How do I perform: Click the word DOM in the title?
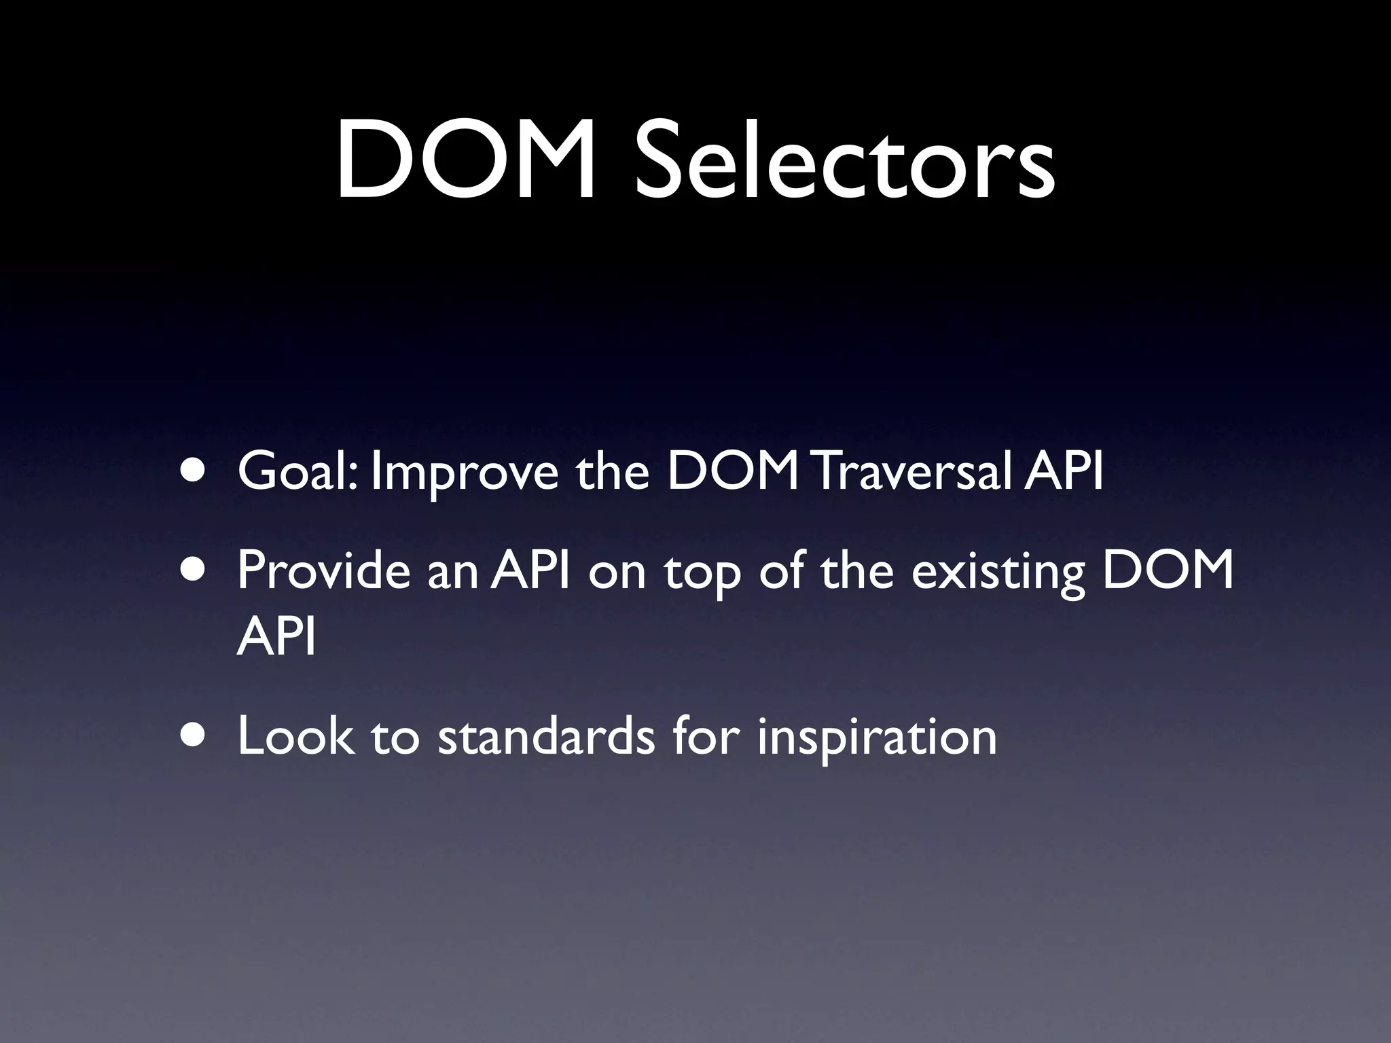[466, 160]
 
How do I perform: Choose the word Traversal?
[910, 471]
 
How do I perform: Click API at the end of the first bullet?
[1063, 471]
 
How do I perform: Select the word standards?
[547, 736]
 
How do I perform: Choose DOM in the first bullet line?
[734, 471]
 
